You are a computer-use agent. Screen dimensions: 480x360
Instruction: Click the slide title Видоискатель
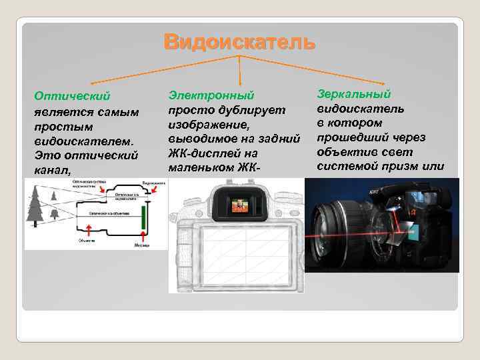(239, 42)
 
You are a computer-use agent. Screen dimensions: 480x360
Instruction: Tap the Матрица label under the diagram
(142, 244)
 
